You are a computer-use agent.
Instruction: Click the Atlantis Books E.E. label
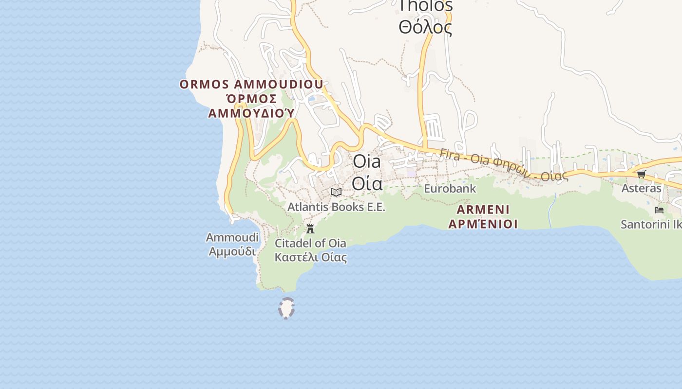(336, 207)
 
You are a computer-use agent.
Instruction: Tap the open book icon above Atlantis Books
(336, 192)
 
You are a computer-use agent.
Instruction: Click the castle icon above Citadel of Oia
(310, 229)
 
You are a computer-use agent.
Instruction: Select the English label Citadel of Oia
(310, 243)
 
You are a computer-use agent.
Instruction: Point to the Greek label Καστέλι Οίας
(310, 257)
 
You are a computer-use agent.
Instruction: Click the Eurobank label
(450, 188)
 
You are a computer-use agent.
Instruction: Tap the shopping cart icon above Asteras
(641, 174)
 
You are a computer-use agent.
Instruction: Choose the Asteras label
(641, 188)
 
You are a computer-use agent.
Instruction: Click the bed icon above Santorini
(659, 210)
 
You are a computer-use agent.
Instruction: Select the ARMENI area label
(483, 210)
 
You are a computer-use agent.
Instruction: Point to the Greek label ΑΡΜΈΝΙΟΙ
(483, 224)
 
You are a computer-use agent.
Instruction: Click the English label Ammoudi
(232, 238)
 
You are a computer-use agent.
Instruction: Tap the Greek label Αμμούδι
(232, 251)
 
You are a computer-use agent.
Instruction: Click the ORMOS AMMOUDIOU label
(251, 85)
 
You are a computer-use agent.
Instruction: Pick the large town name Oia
(367, 161)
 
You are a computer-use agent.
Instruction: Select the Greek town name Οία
(367, 184)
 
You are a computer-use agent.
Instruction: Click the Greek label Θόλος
(425, 27)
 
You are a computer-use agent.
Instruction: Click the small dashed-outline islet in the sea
(286, 308)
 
